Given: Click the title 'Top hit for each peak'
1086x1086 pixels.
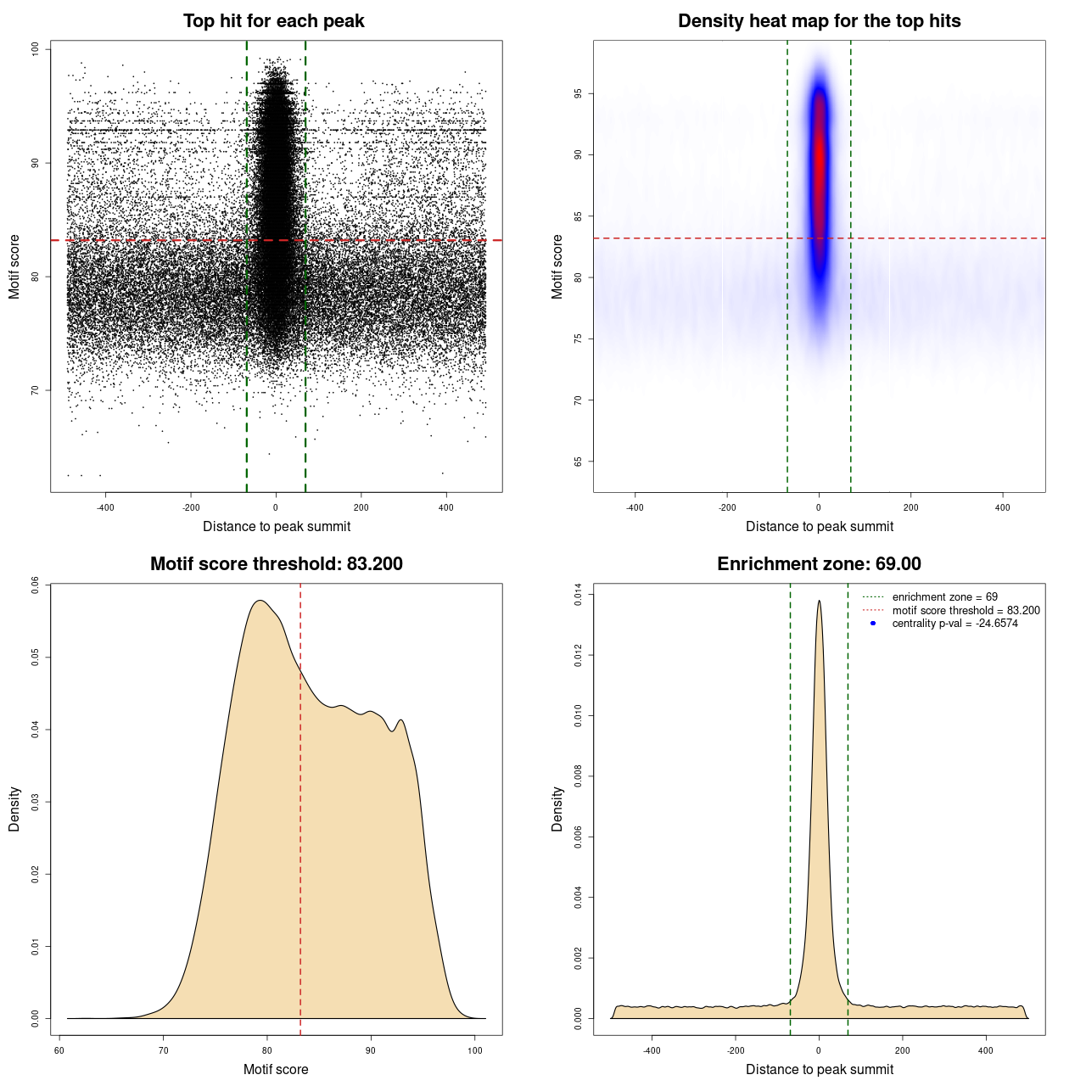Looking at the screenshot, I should tap(273, 21).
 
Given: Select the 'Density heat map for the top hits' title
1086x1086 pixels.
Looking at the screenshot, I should tap(819, 21).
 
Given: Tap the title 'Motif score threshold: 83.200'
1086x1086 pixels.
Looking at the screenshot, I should tap(276, 564).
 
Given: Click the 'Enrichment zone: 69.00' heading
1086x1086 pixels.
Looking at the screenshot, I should tap(819, 564).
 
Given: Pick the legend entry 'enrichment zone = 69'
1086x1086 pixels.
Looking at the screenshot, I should tap(944, 597).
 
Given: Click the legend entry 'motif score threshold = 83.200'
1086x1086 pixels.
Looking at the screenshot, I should tap(966, 610).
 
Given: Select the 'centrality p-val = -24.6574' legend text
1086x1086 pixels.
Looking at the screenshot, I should tap(954, 624).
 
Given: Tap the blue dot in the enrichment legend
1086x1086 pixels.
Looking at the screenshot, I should tap(873, 624).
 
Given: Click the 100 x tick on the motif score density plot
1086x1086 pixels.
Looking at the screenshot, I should tap(475, 1050).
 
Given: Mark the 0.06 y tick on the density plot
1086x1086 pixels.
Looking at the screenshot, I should tap(35, 585).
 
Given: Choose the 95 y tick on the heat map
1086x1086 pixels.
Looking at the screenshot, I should tap(578, 93).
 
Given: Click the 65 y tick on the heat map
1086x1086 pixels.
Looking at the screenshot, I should tap(578, 462).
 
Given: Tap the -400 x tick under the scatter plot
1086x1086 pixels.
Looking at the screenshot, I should tap(105, 507).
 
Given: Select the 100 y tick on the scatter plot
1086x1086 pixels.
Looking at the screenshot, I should tap(35, 49).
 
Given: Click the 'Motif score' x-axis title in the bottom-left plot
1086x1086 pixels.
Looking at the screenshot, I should tap(276, 1069).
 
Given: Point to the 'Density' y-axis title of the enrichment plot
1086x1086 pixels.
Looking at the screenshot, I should tap(557, 809).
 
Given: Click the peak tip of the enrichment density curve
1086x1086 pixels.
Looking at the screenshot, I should tap(819, 602).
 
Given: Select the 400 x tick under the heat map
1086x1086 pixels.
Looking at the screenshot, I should tap(1003, 507).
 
